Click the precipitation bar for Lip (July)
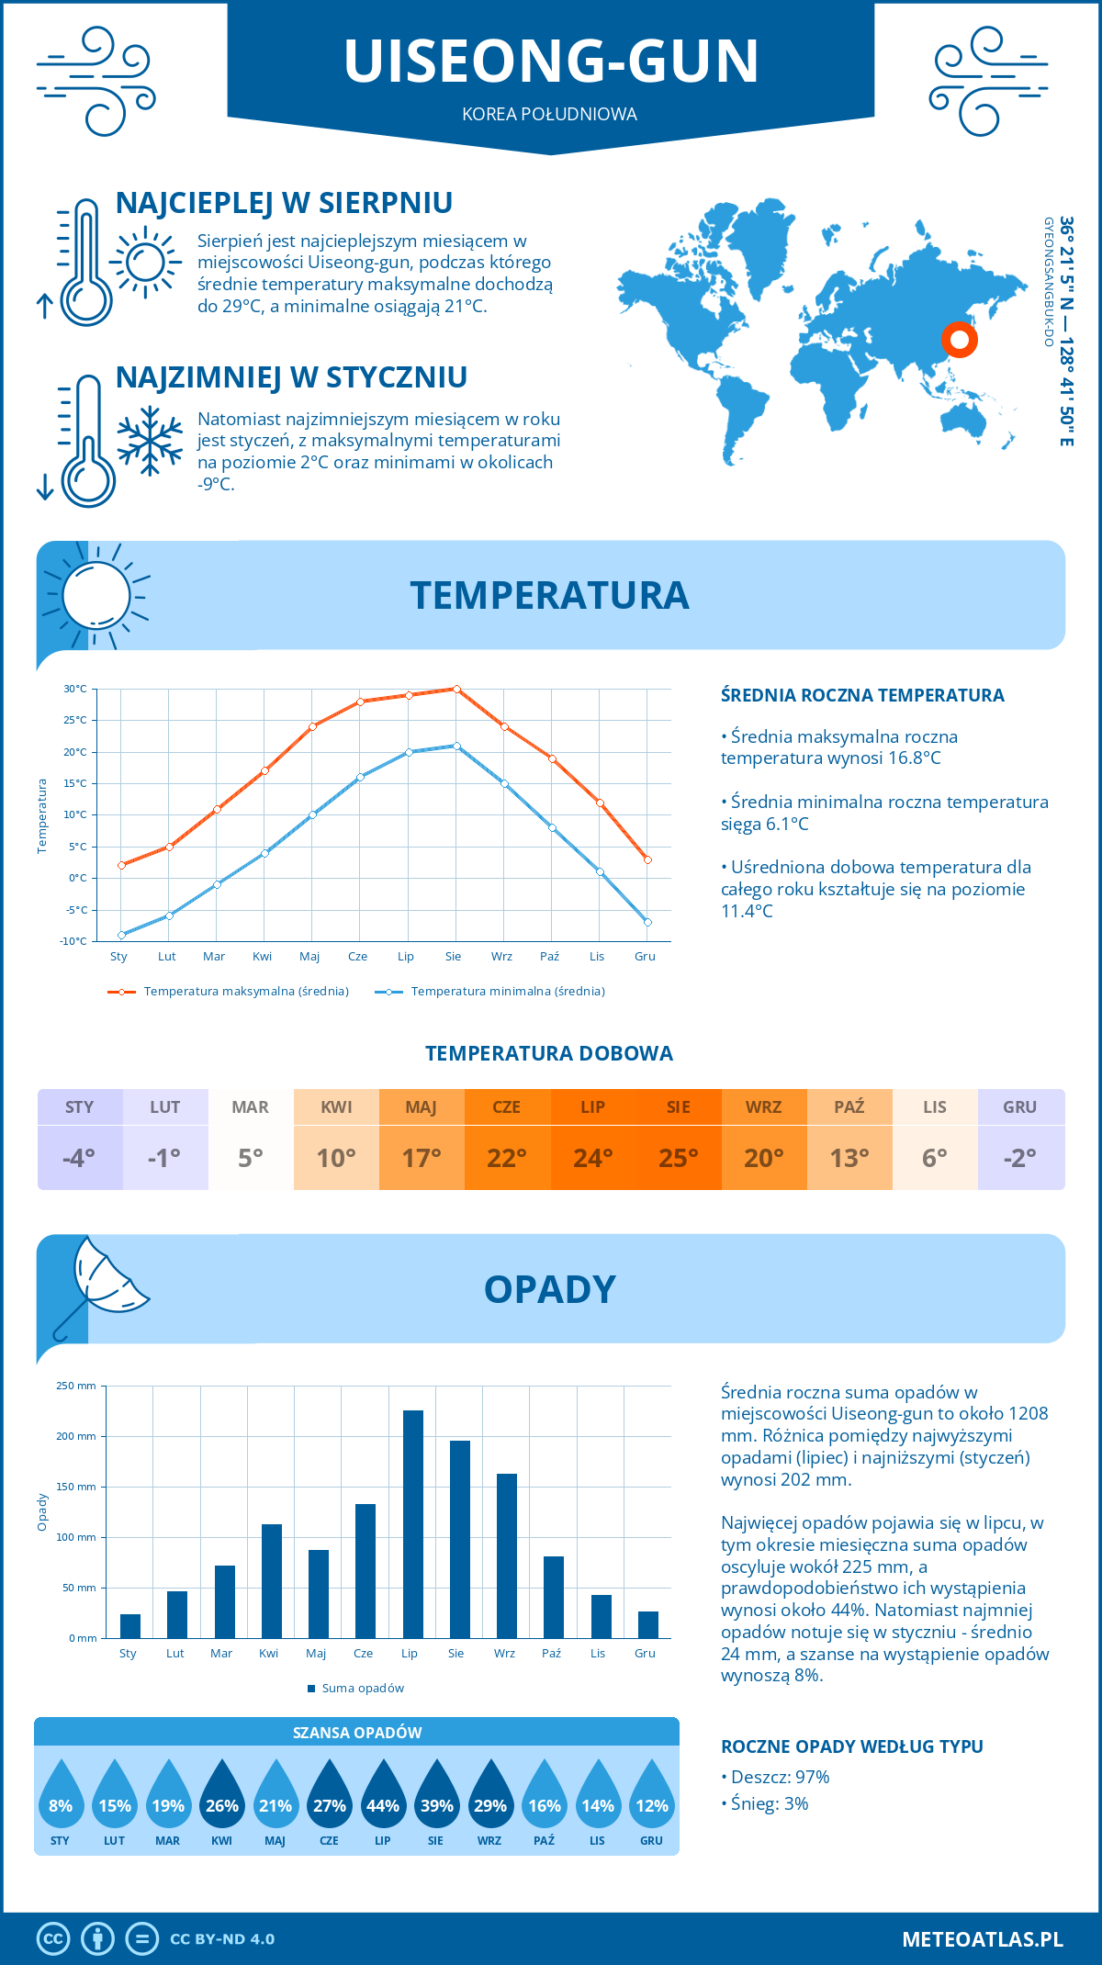pos(413,1524)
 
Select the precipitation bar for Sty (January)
pos(130,1626)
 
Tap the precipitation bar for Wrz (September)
pos(507,1555)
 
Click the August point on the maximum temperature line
pos(456,689)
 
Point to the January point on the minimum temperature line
pos(121,935)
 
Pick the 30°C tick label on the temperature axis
pos(75,689)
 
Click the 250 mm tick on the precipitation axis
pos(76,1386)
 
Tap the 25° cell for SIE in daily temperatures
pos(679,1157)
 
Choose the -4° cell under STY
pos(80,1157)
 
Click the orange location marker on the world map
pos(960,340)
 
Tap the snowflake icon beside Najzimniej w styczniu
pos(150,441)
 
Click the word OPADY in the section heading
pos(550,1289)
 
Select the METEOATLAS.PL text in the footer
pos(983,1939)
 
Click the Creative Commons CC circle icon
pos(53,1938)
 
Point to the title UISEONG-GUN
pos(551,62)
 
